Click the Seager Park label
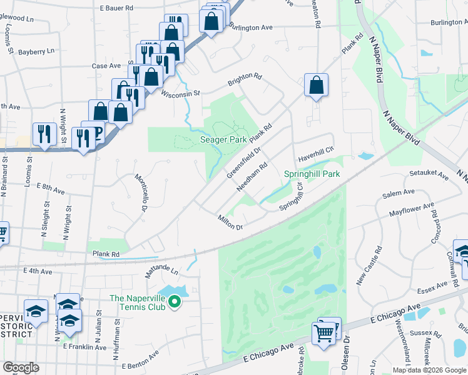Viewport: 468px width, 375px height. click(x=223, y=140)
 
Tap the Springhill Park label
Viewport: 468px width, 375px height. click(x=312, y=173)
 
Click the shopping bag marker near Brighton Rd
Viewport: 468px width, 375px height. click(x=317, y=85)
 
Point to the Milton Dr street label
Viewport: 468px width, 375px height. click(x=230, y=222)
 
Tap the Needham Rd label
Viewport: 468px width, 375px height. click(x=253, y=177)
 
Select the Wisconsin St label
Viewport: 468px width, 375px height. click(x=180, y=94)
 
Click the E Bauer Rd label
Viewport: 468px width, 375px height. click(x=117, y=8)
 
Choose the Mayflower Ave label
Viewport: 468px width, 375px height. click(x=411, y=209)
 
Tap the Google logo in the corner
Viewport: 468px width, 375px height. click(x=21, y=367)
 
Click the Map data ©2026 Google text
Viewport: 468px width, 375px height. click(x=429, y=370)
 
